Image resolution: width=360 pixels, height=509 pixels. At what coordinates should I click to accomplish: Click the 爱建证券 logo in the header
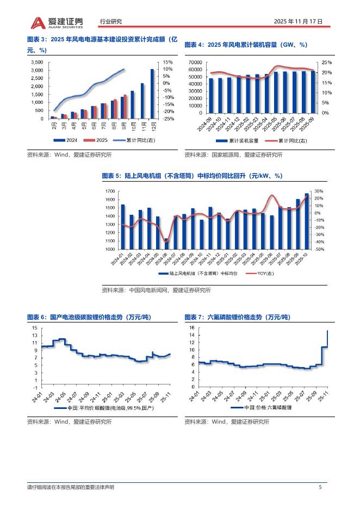click(57, 22)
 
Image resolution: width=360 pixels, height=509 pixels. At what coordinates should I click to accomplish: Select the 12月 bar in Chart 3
click(152, 94)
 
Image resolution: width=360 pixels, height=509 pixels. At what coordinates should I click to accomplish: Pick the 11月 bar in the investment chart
click(142, 101)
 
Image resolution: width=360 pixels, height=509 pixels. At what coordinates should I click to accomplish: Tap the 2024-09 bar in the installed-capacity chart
click(211, 95)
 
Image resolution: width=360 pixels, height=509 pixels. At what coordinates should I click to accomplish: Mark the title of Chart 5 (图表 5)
click(191, 176)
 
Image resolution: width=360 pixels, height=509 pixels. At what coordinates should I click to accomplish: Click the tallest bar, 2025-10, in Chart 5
click(307, 221)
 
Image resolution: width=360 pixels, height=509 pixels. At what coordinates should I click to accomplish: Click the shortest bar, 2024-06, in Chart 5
click(166, 243)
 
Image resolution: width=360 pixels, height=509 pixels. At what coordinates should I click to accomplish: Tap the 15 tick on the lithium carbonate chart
click(35, 328)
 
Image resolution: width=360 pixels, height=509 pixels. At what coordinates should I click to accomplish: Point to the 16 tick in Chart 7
click(192, 328)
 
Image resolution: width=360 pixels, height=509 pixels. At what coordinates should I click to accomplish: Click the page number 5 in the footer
click(320, 487)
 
